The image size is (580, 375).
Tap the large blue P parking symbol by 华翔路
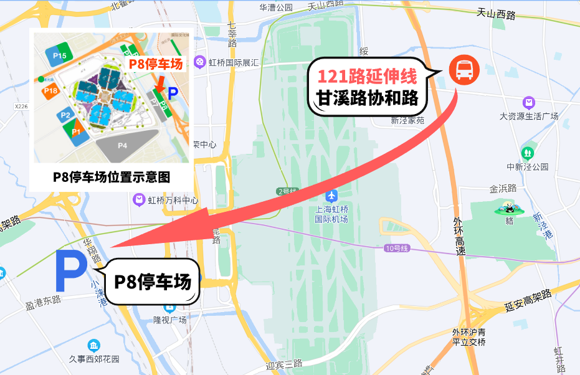(71, 271)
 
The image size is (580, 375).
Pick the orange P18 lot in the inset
(52, 92)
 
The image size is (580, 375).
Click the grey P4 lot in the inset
(122, 145)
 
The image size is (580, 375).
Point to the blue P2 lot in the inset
(65, 115)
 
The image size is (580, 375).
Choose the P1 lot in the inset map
(77, 132)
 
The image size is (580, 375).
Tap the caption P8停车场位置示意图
(111, 177)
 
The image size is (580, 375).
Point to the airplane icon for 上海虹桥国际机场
(331, 197)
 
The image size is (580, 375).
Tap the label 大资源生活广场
(529, 116)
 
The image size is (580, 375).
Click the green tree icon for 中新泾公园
(528, 153)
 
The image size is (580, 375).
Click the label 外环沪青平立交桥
(468, 337)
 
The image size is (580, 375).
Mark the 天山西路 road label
(496, 13)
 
